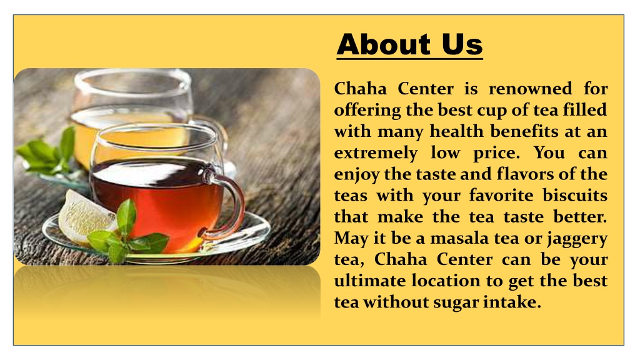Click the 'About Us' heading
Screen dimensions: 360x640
[409, 45]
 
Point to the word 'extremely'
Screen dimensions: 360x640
[375, 153]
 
